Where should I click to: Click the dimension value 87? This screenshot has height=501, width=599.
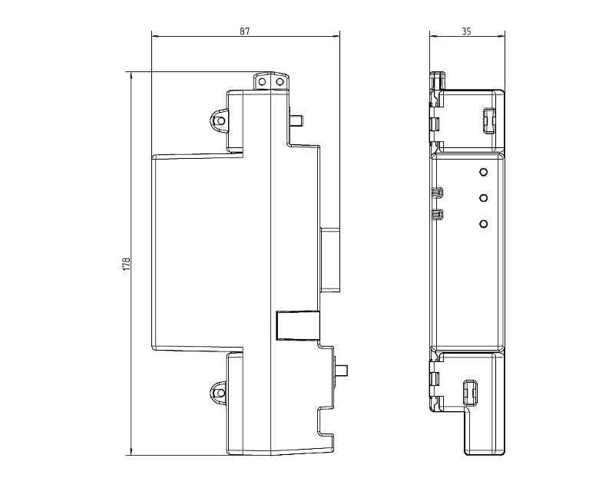[x=244, y=31]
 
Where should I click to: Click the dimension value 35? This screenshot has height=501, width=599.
[x=466, y=31]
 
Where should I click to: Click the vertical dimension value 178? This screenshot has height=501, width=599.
[x=127, y=264]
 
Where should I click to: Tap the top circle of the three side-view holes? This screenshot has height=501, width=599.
[x=483, y=172]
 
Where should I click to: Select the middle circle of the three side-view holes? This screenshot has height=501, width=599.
[x=483, y=198]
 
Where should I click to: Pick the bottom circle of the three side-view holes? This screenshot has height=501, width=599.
[x=483, y=223]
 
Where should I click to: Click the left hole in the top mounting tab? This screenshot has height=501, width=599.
[x=262, y=81]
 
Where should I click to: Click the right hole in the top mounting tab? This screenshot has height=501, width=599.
[x=280, y=81]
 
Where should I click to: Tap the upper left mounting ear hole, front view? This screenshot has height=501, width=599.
[x=220, y=121]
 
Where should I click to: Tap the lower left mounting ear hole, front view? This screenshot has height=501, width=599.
[x=220, y=393]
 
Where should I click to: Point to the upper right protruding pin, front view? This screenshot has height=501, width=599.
[x=296, y=120]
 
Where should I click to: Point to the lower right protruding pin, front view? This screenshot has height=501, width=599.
[x=341, y=371]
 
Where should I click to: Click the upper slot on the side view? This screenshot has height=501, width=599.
[x=489, y=121]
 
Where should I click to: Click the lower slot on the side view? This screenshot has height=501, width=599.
[x=470, y=393]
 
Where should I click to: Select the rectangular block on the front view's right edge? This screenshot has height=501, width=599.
[x=329, y=259]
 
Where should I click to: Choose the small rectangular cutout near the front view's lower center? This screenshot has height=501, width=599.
[x=297, y=325]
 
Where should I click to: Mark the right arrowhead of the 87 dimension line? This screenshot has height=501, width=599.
[x=336, y=37]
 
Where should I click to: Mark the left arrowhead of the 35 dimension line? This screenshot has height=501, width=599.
[x=433, y=37]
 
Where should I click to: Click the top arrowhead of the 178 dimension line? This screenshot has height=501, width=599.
[x=131, y=75]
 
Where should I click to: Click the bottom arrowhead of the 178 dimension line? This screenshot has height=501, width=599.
[x=131, y=452]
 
